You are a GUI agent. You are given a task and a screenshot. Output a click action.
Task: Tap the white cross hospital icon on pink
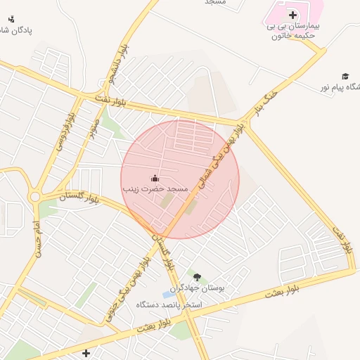(292, 15)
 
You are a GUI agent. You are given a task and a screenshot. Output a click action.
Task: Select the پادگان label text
(15, 30)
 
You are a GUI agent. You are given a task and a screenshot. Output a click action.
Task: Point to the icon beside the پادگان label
(11, 19)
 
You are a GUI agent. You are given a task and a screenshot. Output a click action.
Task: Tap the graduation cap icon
(345, 76)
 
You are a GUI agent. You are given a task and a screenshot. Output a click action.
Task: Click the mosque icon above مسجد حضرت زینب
(155, 179)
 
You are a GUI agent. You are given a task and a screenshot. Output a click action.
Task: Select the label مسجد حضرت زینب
(155, 189)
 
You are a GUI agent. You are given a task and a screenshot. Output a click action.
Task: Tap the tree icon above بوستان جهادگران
(197, 277)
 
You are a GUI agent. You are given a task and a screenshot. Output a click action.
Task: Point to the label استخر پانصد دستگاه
(170, 305)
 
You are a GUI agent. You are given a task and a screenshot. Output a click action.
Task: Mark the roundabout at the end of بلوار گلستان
(35, 197)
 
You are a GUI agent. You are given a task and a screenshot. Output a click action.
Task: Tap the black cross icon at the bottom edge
(86, 352)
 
